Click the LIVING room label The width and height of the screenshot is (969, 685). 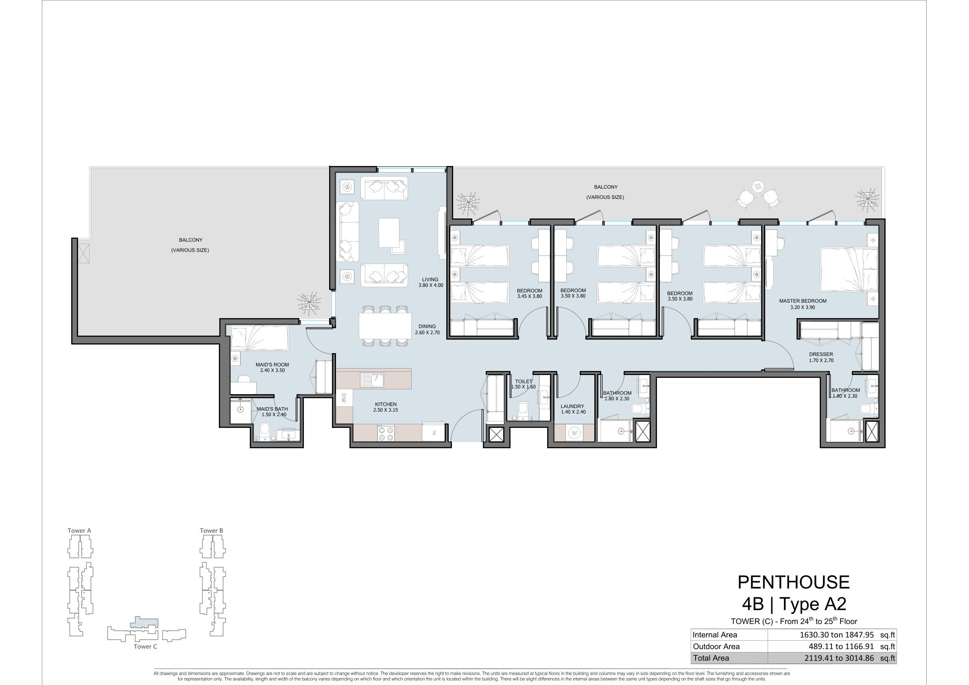pos(430,282)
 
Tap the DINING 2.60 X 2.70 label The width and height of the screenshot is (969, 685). pos(427,329)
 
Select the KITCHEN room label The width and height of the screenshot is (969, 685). pos(385,407)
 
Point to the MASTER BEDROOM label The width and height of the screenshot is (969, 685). pos(803,304)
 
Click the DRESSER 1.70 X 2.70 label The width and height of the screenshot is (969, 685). pos(821,358)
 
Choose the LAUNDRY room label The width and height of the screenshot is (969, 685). pos(573,409)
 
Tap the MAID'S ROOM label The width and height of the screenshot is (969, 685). pos(272,367)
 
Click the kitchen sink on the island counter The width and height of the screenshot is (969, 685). pos(372,380)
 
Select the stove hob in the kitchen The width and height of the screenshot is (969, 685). pos(387,433)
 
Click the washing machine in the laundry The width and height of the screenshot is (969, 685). pos(574,433)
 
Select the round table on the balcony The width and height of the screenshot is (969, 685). pos(758,186)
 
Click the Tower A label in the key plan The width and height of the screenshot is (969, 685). pos(79,530)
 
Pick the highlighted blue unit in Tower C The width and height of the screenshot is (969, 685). pos(145,622)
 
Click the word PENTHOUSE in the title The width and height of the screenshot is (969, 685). pos(793,582)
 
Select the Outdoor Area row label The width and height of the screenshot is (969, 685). pos(716,647)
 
